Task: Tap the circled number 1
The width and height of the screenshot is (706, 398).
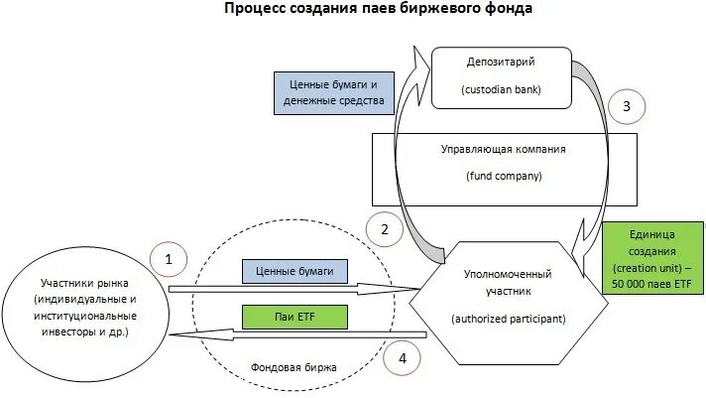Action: point(169,261)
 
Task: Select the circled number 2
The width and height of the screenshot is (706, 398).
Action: point(384,229)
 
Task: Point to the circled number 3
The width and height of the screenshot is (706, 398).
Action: point(626,105)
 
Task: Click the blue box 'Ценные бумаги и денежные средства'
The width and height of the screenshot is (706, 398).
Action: point(333,93)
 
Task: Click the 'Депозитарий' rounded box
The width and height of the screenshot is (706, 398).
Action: point(502,76)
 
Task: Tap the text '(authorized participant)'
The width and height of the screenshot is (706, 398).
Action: point(507,319)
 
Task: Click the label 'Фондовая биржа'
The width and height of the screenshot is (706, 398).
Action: point(294,367)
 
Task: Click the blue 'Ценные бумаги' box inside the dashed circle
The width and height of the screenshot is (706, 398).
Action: point(295,269)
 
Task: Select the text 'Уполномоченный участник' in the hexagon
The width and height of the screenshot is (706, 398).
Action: point(508,282)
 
